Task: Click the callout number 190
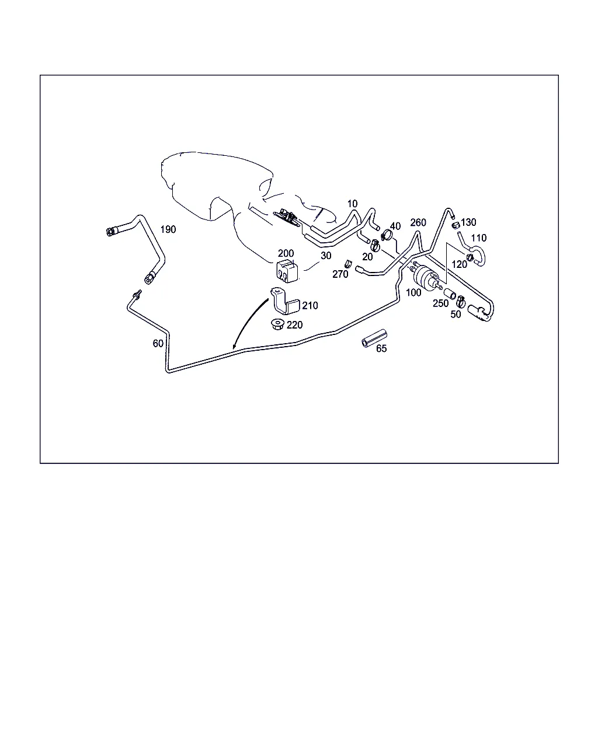point(168,229)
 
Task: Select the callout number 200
point(286,253)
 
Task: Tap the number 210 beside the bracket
point(310,305)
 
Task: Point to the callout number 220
point(294,325)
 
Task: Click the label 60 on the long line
point(158,343)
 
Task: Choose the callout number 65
point(381,348)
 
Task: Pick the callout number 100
point(413,292)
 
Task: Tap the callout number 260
point(418,222)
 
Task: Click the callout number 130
point(468,222)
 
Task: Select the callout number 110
point(478,238)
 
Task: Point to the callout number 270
point(340,274)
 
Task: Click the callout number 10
point(352,204)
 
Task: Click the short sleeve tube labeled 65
point(374,338)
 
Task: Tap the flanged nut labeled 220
point(277,324)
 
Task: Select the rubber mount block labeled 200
point(287,271)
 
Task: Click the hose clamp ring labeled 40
point(387,235)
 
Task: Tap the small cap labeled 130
point(456,225)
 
